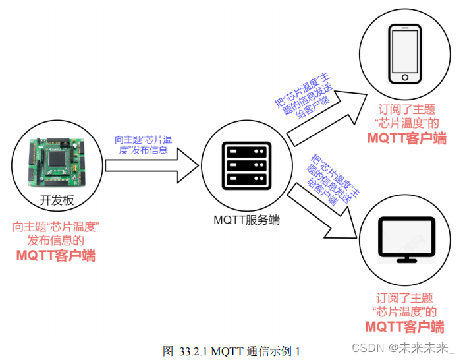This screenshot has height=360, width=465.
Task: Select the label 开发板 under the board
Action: pos(56,200)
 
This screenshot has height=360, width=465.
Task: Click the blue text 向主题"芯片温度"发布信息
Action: pos(143,144)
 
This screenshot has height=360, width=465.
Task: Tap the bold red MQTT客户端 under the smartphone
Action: pos(406,138)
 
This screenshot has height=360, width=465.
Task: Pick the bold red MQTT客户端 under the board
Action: pos(56,255)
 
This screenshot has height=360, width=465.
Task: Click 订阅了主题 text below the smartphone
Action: pos(406,109)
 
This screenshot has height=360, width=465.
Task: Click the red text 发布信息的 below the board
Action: pos(56,241)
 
